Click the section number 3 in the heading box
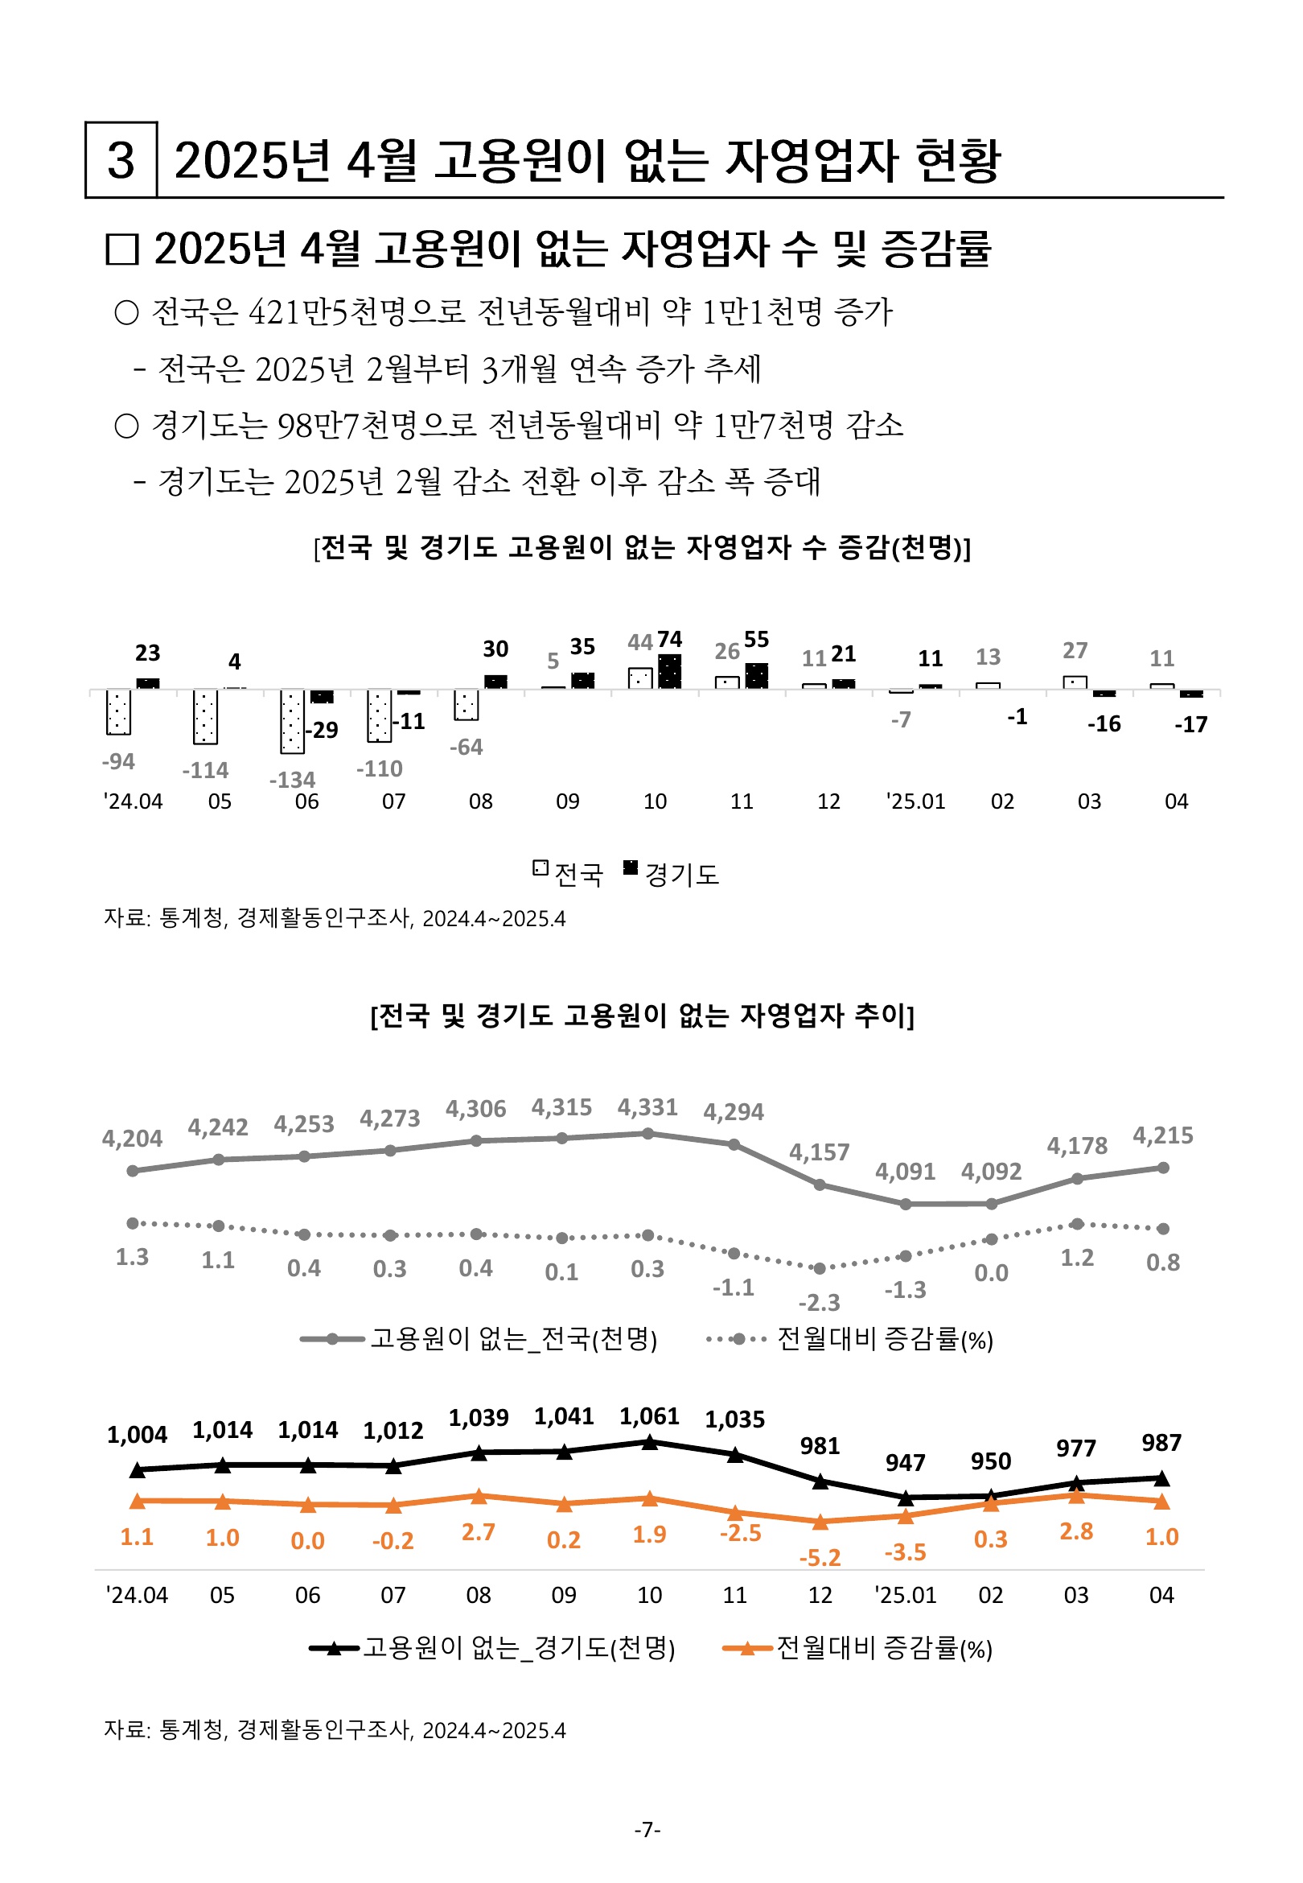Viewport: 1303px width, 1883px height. tap(121, 160)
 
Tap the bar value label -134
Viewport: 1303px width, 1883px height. tap(292, 780)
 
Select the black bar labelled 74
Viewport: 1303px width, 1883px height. tap(669, 672)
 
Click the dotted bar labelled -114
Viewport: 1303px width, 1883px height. tap(205, 718)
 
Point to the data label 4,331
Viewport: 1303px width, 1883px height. tap(647, 1107)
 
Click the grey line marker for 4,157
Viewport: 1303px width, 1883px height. tap(820, 1185)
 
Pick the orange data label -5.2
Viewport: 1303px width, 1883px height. tap(820, 1558)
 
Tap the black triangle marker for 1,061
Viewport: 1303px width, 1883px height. tap(650, 1443)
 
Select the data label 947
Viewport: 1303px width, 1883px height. tap(906, 1462)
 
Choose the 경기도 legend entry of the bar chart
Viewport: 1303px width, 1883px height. tap(671, 875)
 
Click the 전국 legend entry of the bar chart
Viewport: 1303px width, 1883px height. tap(568, 875)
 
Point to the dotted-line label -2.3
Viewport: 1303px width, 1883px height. tap(820, 1303)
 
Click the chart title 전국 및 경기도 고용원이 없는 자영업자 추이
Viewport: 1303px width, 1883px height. tap(643, 1016)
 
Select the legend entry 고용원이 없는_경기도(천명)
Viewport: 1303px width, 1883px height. tap(493, 1648)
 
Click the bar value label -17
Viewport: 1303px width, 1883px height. tap(1190, 724)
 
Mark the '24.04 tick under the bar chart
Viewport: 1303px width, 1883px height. tap(133, 801)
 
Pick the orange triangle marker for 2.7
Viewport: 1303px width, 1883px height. tap(479, 1497)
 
